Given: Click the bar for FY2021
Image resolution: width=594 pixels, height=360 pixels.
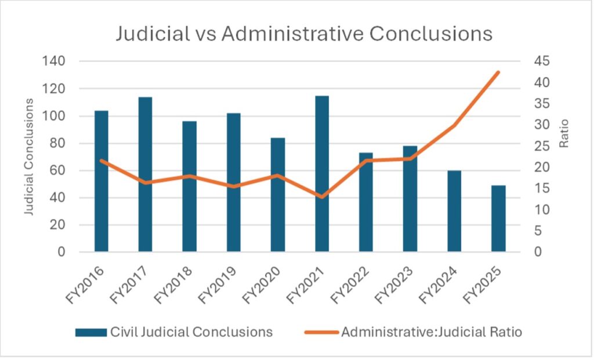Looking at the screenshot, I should [322, 174].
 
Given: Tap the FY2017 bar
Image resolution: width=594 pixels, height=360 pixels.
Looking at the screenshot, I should [145, 174].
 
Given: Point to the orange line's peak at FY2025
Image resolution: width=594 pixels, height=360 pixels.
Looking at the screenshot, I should [498, 72].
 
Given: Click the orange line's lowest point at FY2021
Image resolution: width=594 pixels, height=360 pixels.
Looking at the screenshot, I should [322, 197].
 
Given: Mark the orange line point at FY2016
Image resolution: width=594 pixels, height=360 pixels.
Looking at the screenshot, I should [102, 161].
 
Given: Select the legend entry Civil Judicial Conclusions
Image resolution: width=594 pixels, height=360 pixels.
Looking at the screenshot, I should [174, 332].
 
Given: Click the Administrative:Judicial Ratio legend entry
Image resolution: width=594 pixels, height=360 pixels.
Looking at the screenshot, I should [415, 332].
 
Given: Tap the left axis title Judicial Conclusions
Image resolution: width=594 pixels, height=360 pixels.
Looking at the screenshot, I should [28, 157].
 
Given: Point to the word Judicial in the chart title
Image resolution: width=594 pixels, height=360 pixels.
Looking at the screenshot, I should [149, 33].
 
